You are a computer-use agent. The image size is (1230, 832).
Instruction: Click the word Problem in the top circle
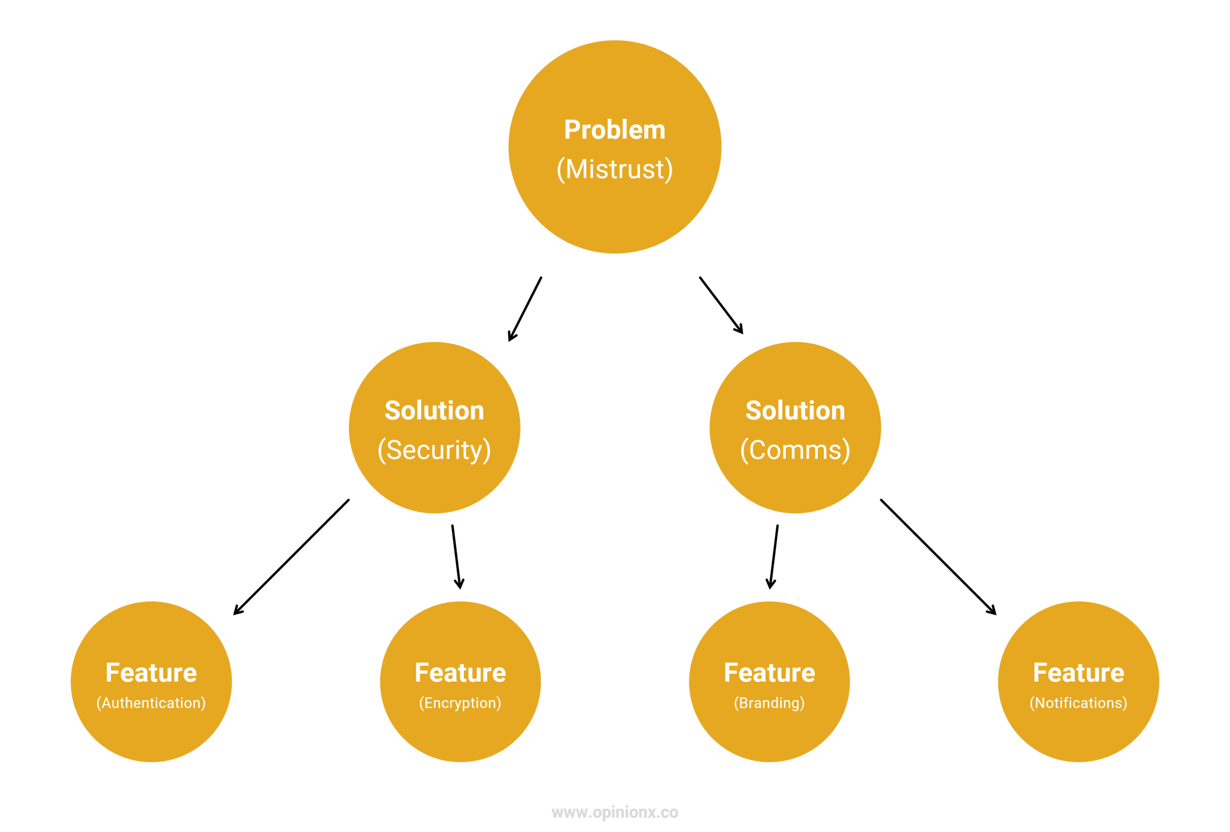[x=615, y=130]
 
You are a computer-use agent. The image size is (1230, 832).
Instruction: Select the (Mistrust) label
[x=615, y=169]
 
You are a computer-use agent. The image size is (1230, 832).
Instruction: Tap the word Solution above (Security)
[x=434, y=411]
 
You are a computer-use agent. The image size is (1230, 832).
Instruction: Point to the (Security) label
[x=434, y=450]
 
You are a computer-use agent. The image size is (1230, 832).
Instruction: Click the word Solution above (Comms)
[x=795, y=411]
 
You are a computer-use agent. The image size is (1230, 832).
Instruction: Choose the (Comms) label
[x=795, y=450]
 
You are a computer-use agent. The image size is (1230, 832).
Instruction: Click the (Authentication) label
[x=151, y=703]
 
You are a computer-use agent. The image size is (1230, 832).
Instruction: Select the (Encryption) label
[x=460, y=703]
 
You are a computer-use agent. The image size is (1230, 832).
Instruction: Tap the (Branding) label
[x=769, y=703]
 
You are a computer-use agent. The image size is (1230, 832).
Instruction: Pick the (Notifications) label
[x=1078, y=703]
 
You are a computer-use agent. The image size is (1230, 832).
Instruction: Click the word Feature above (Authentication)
[x=151, y=673]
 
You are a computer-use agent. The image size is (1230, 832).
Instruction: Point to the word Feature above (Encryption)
[x=460, y=673]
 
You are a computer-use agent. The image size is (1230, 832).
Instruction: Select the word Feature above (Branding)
[x=769, y=673]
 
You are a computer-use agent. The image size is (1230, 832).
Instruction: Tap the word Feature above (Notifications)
[x=1078, y=673]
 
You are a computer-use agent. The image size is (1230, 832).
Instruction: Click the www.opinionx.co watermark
[x=615, y=812]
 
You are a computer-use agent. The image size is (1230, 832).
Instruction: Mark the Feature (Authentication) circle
[x=151, y=735]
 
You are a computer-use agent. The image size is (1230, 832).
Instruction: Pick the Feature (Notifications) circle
[x=1078, y=735]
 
